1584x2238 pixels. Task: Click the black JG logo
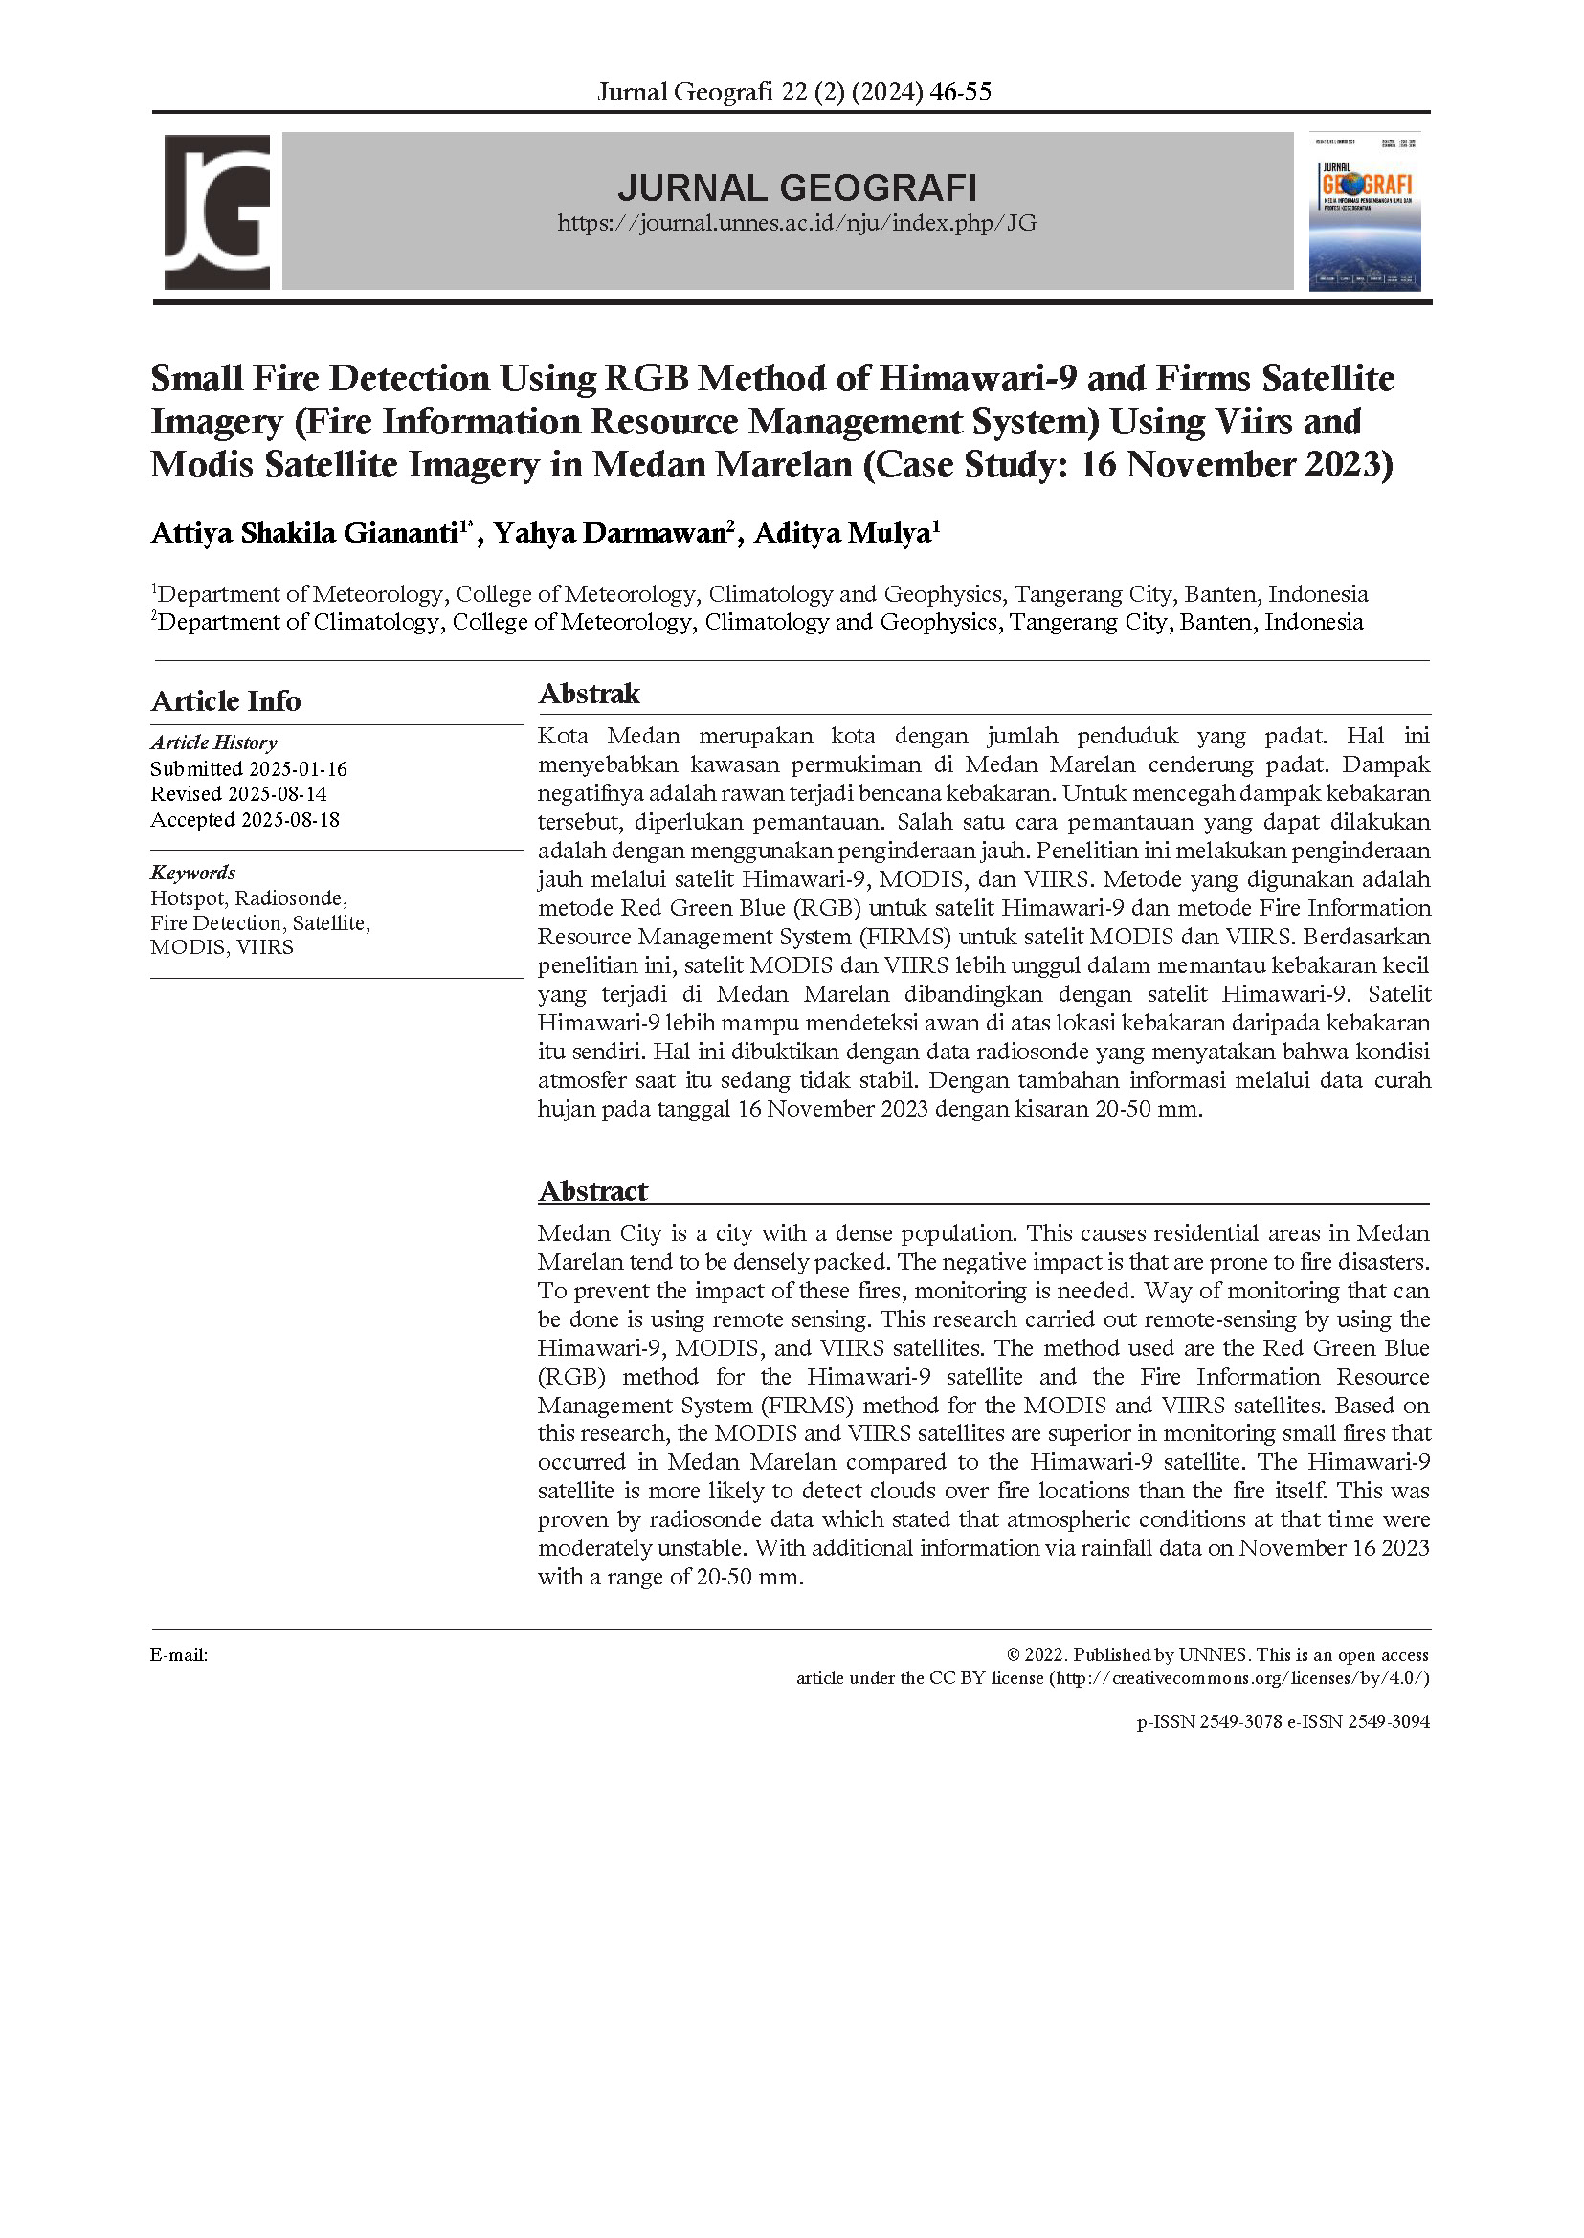[216, 211]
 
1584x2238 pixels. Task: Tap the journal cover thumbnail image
[1364, 212]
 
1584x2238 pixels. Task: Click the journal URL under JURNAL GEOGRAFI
[796, 223]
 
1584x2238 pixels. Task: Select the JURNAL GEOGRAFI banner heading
[796, 187]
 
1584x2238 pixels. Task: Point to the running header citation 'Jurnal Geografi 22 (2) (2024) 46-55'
[793, 92]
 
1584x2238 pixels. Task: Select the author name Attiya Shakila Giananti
[305, 533]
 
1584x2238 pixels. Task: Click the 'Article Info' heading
[225, 701]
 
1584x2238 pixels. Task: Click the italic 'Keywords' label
[193, 873]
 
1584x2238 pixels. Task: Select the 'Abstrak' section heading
[590, 695]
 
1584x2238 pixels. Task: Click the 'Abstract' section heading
[592, 1191]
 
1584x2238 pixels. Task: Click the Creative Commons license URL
[1238, 1678]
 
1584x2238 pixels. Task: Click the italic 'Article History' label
[213, 743]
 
